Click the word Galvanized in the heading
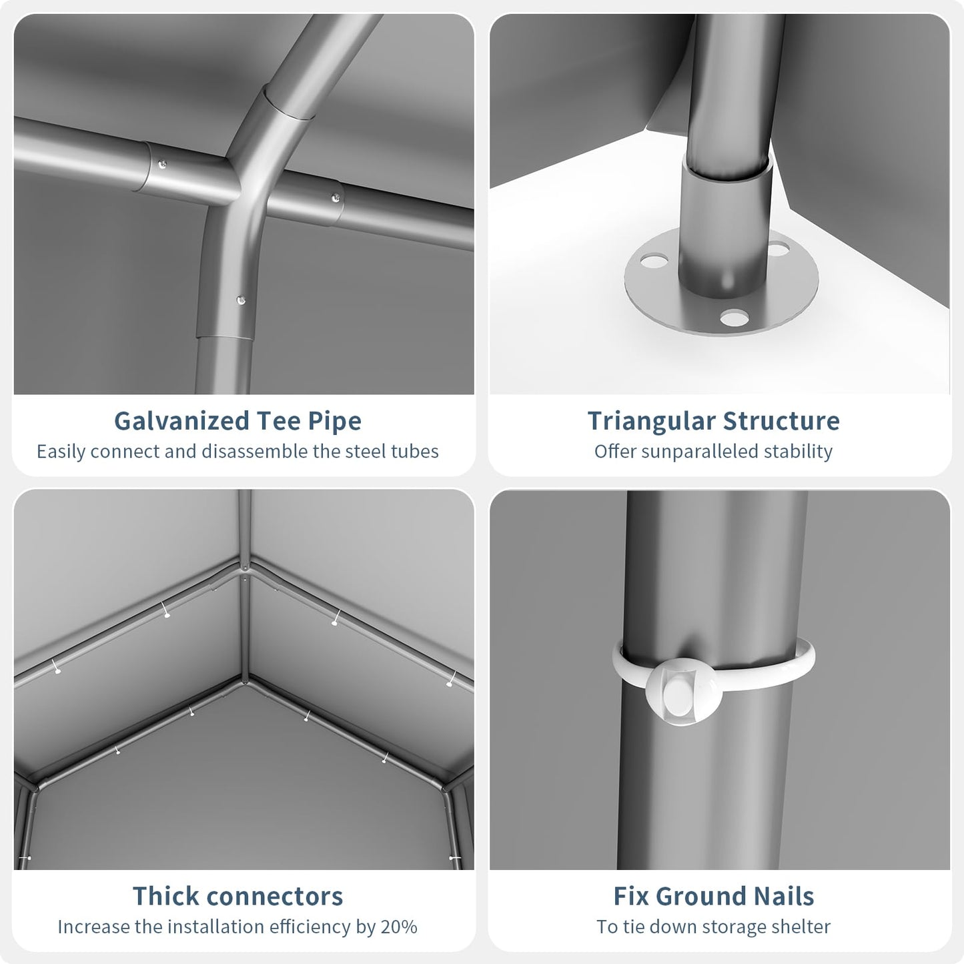tap(181, 421)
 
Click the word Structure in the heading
tap(781, 421)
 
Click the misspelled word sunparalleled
tap(696, 452)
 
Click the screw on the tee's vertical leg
tap(241, 301)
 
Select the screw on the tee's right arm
tap(336, 199)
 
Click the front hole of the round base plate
tap(735, 318)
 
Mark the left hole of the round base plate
tap(654, 261)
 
